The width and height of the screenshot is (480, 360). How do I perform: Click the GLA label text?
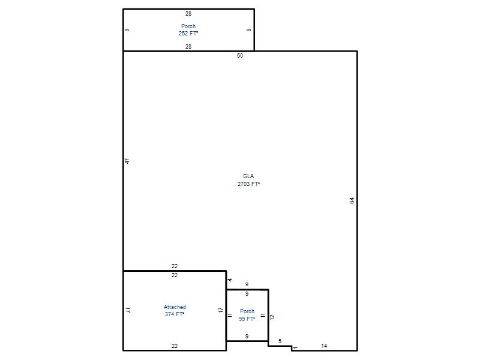[248, 176]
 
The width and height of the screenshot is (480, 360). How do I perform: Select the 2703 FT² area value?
[248, 184]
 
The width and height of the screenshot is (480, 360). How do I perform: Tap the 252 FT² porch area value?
[188, 34]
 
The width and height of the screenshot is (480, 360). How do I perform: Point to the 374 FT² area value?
[175, 314]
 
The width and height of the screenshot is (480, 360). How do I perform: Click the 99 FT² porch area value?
[247, 319]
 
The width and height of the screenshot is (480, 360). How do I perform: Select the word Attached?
[175, 307]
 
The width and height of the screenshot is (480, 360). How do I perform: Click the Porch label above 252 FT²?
[188, 26]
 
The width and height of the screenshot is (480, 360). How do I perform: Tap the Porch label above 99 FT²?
[247, 311]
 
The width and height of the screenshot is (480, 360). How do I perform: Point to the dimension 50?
[240, 55]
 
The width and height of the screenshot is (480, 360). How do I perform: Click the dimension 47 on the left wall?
[127, 161]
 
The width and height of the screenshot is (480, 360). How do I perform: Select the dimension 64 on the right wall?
[352, 200]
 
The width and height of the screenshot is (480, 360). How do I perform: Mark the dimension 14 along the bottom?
[324, 346]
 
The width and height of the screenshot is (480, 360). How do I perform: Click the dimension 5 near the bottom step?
[280, 341]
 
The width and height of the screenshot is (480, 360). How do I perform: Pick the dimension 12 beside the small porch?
[272, 317]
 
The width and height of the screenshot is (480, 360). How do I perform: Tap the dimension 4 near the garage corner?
[230, 280]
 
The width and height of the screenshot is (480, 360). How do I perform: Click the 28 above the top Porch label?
[188, 13]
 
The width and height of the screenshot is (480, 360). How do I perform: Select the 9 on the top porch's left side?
[127, 29]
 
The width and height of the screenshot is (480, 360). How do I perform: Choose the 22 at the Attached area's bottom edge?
[175, 346]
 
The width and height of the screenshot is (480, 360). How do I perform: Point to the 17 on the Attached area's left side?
[128, 310]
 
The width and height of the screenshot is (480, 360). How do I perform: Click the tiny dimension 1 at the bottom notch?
[296, 348]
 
